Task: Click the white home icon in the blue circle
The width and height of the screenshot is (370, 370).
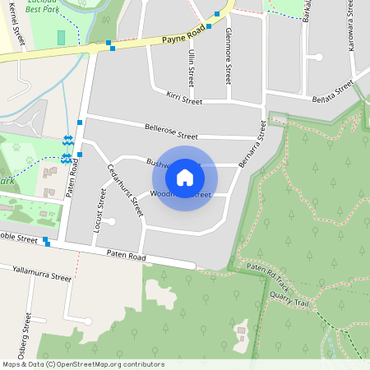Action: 185,177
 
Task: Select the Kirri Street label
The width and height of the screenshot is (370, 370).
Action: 183,99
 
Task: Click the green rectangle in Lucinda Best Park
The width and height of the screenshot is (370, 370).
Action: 62,38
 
